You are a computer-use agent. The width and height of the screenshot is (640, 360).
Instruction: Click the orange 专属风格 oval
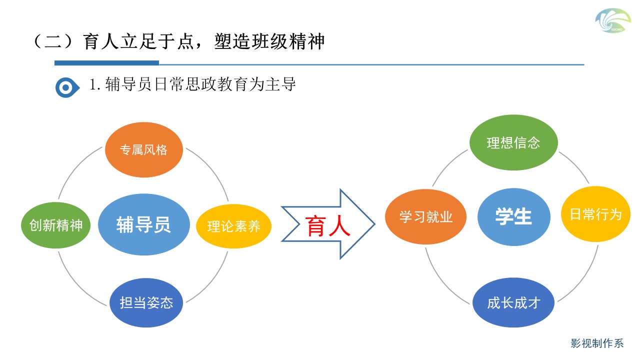tap(144, 149)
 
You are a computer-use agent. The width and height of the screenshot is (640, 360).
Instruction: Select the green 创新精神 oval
tap(55, 225)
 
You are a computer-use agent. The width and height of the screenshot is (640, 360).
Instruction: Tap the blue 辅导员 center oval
tap(144, 224)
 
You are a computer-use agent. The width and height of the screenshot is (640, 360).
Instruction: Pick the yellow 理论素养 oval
tap(234, 226)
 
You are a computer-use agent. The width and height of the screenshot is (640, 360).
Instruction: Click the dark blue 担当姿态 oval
tap(146, 302)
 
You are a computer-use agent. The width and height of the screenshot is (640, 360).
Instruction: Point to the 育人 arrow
tap(328, 224)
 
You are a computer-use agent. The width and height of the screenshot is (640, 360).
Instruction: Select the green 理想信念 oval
tap(513, 142)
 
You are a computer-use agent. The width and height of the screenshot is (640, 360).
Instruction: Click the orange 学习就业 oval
tap(425, 216)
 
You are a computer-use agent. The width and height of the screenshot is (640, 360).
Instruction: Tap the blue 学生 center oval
tap(513, 216)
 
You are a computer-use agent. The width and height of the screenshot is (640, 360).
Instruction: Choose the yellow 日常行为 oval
tap(595, 214)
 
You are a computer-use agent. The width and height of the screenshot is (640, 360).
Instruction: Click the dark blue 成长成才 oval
tap(513, 302)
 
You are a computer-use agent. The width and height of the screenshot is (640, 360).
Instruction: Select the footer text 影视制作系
tap(597, 343)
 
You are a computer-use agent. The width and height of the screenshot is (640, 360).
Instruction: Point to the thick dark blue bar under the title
tap(106, 63)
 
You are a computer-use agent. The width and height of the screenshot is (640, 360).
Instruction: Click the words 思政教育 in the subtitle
tap(210, 84)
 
